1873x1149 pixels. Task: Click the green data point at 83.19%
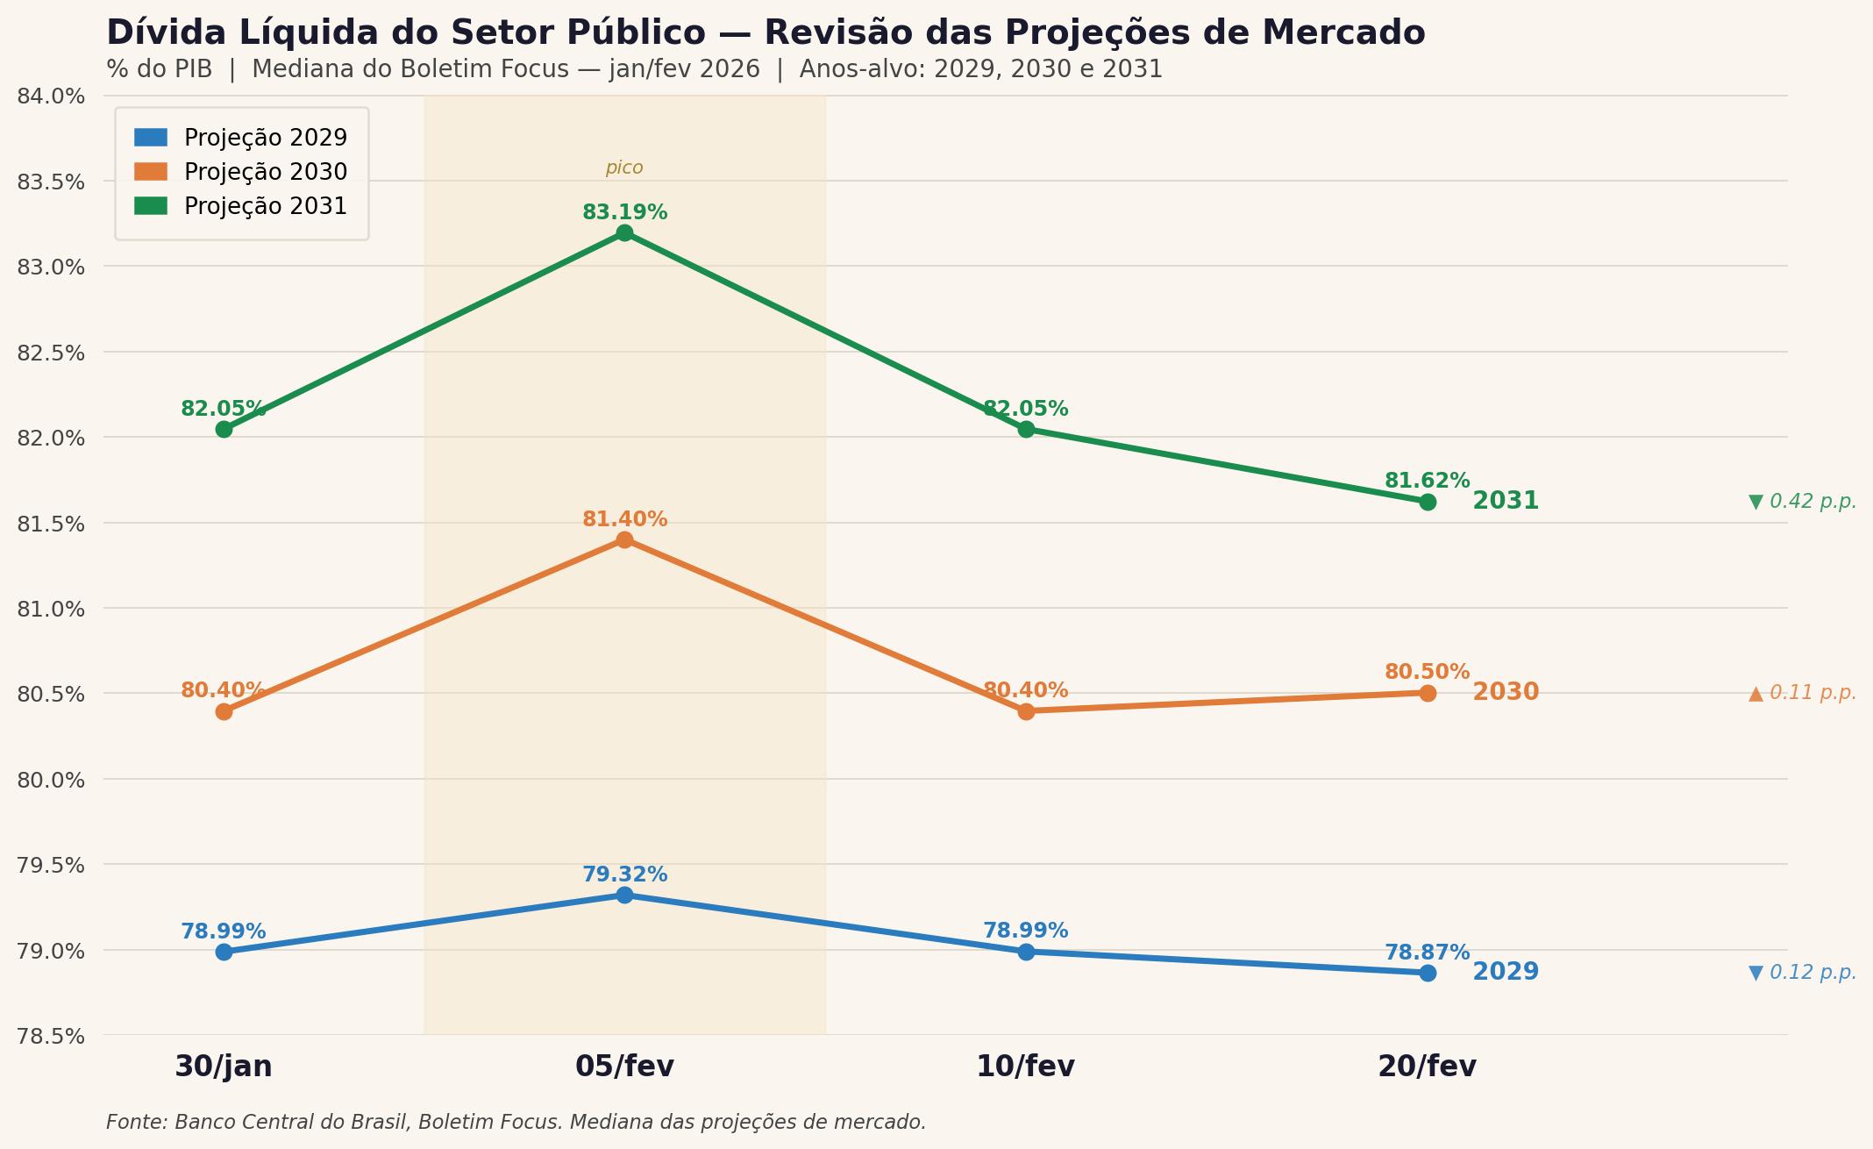tap(624, 232)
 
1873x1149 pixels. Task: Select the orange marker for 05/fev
tap(624, 539)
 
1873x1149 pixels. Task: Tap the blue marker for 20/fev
tap(1428, 973)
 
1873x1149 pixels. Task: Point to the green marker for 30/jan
tap(224, 429)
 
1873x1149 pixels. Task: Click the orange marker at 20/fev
tap(1428, 693)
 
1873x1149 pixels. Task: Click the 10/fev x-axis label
tap(1025, 1067)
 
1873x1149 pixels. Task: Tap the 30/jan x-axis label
tap(224, 1067)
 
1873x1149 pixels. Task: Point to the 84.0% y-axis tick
tap(51, 96)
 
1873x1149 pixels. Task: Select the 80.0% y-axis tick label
tap(51, 780)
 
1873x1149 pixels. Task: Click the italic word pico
tap(624, 168)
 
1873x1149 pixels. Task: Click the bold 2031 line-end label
tap(1506, 501)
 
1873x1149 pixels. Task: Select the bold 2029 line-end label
tap(1506, 972)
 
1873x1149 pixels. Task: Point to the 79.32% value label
tap(624, 874)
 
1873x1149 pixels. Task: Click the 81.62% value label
tap(1427, 481)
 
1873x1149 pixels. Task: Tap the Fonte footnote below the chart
tap(516, 1122)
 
